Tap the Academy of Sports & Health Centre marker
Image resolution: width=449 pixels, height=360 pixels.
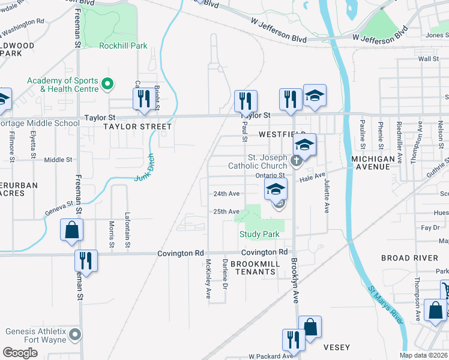click(108, 85)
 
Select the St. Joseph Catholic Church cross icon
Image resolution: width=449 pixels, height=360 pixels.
click(295, 161)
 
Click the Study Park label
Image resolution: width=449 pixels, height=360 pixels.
click(259, 234)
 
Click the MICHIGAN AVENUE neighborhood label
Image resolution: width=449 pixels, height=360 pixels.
click(373, 163)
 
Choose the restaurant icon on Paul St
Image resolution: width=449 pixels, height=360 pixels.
click(246, 100)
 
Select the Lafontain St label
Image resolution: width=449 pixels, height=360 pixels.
click(127, 233)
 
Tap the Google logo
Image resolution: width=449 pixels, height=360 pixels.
click(20, 353)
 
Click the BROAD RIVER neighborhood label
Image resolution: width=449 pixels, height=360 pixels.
click(409, 258)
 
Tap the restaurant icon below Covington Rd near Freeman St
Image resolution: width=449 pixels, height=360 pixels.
click(85, 261)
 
